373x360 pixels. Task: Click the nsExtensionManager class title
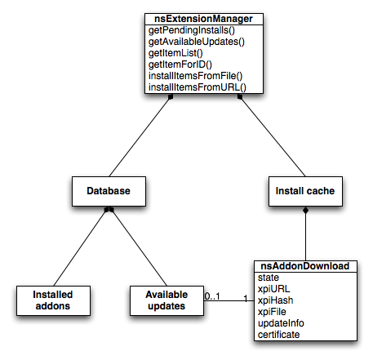click(x=203, y=19)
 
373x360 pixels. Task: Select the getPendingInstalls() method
click(x=192, y=30)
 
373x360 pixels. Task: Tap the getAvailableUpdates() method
click(x=197, y=42)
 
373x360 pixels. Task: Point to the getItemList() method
click(x=175, y=53)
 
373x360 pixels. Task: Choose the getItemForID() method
click(x=180, y=64)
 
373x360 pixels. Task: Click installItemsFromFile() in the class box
click(x=195, y=76)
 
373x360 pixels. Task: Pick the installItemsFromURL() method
click(x=198, y=87)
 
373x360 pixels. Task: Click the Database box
click(x=109, y=191)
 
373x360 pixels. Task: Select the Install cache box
click(x=305, y=191)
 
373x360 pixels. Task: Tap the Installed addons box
click(x=53, y=300)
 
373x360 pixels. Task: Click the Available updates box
click(x=167, y=300)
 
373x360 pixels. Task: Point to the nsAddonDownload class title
click(x=305, y=266)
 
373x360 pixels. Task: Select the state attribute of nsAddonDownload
click(x=269, y=278)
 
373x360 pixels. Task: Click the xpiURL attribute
click(x=273, y=289)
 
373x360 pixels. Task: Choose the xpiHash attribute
click(x=275, y=300)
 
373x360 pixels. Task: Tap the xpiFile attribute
click(x=272, y=312)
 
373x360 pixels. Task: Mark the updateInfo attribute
click(x=281, y=323)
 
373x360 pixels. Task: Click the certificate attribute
click(x=278, y=335)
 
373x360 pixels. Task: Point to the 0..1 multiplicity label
click(x=212, y=296)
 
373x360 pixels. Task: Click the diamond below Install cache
click(x=305, y=211)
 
